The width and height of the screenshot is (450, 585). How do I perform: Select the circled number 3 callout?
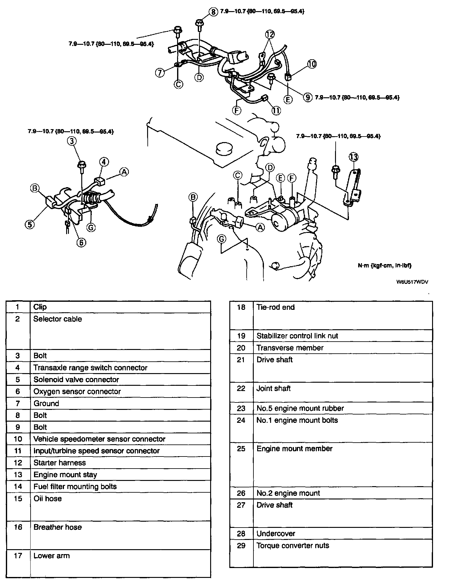click(x=72, y=141)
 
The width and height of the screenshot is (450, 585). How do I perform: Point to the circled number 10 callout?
click(x=312, y=64)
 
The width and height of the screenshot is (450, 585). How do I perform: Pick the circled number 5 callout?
click(x=30, y=224)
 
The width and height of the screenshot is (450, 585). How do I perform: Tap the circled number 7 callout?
click(x=160, y=73)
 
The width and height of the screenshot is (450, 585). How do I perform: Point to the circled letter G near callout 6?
click(x=91, y=228)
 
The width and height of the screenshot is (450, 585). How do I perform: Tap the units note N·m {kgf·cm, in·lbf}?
click(x=384, y=265)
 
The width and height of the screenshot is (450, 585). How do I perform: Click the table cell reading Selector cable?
click(x=57, y=319)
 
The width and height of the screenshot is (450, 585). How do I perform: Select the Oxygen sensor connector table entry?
click(x=77, y=391)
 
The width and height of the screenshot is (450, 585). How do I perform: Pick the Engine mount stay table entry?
click(x=65, y=474)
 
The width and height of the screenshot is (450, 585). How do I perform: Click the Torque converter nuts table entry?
click(x=293, y=545)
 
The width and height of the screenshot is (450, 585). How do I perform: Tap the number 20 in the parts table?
click(x=241, y=348)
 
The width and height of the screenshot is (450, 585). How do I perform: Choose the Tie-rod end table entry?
click(x=275, y=307)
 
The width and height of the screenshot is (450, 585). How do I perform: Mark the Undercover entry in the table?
click(x=276, y=533)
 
